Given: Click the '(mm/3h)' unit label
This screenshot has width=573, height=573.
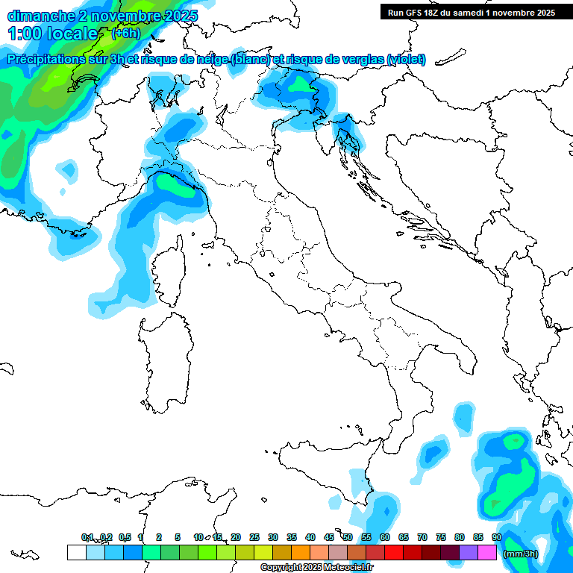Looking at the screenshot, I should pos(522,553).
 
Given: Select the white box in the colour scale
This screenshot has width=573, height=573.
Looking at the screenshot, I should pos(76,552).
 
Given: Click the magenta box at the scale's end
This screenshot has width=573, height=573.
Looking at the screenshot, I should pos(487,552).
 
